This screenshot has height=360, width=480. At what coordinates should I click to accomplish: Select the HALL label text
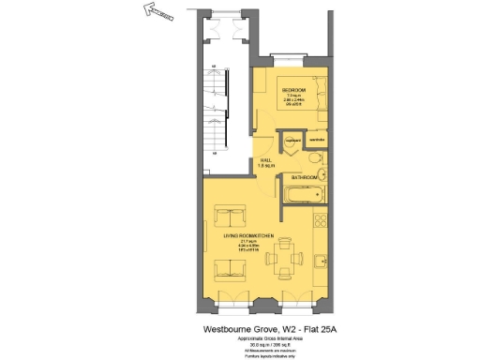[267, 159]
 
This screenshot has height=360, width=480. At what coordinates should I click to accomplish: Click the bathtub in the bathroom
[304, 195]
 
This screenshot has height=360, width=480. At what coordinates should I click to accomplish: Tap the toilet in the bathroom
[318, 158]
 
